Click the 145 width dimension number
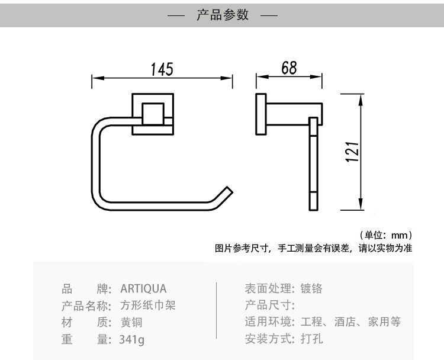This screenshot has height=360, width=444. point(161,69)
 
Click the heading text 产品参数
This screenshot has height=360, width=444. point(223,15)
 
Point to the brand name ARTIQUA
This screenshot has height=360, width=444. point(144,289)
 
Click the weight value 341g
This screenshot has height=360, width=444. point(132,340)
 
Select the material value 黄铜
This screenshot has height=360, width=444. point(131,323)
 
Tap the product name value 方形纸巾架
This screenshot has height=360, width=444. point(148,306)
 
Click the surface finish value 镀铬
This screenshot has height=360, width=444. point(311,289)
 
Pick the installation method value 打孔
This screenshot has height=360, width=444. point(311,340)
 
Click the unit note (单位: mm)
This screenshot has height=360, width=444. point(385,235)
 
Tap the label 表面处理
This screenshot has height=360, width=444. point(268,289)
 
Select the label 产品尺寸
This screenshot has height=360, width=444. point(268,306)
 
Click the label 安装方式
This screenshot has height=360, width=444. point(268,340)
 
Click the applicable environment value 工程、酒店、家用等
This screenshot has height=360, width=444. point(350,323)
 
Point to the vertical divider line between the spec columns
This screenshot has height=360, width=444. point(217,314)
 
